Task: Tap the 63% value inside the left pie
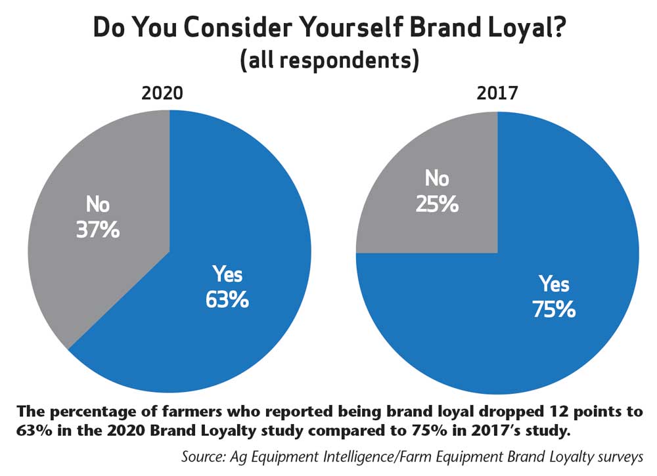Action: pos(226,300)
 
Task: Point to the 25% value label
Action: pos(435,204)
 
